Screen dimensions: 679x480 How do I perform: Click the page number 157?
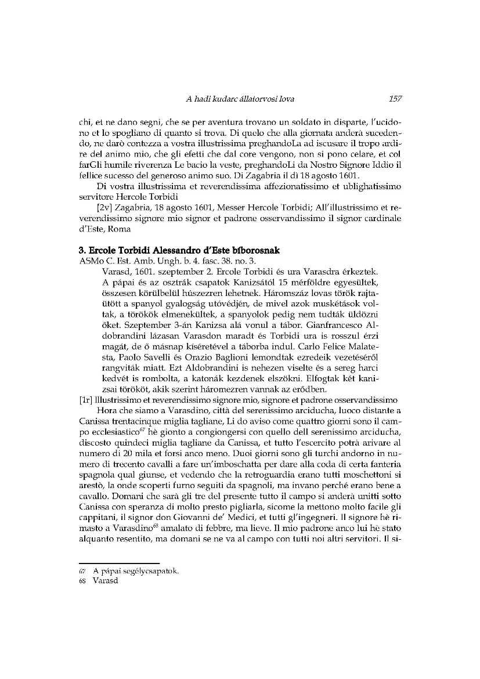pyautogui.click(x=395, y=99)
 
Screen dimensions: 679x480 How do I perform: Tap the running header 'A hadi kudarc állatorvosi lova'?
pyautogui.click(x=240, y=99)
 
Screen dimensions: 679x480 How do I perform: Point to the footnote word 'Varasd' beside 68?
pyautogui.click(x=105, y=580)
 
